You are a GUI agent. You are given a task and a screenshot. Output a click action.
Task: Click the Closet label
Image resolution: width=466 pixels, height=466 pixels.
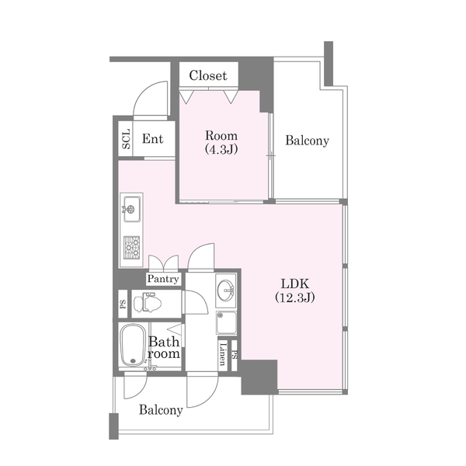[x=208, y=75]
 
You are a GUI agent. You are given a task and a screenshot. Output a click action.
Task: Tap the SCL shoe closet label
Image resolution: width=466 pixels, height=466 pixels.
[x=126, y=139]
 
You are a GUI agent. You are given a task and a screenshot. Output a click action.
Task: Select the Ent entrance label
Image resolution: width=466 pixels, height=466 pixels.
[x=152, y=139]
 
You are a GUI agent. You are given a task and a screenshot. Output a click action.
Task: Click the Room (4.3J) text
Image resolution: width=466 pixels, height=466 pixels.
[x=221, y=142]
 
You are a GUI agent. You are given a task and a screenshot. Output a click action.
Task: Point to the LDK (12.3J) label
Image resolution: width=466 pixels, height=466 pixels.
[x=295, y=290]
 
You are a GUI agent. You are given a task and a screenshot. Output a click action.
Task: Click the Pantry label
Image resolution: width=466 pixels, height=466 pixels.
[x=163, y=279]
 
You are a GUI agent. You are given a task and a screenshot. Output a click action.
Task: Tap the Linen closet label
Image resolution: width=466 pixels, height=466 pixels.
[x=223, y=353]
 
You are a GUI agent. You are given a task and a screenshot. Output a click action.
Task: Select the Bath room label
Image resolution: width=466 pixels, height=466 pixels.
[x=164, y=348]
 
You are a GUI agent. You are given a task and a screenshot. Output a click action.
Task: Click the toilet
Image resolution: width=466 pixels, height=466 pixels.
[x=148, y=303]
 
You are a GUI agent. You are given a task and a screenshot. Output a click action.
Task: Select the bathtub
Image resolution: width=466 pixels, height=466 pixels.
[x=133, y=345]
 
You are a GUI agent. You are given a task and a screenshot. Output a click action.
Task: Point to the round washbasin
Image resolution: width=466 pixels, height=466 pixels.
[x=226, y=290]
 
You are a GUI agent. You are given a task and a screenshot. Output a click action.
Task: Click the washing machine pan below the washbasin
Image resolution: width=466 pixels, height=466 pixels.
[x=227, y=322]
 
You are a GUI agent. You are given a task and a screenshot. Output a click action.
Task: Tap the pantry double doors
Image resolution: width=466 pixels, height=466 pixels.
[x=164, y=263]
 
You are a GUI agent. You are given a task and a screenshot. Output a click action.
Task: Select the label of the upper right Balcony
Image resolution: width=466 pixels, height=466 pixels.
[x=308, y=141]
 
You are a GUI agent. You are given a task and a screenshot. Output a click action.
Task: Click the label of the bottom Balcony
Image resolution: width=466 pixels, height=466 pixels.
[x=161, y=410]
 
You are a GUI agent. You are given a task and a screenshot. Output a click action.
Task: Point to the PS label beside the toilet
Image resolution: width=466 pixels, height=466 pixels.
[x=123, y=304]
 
